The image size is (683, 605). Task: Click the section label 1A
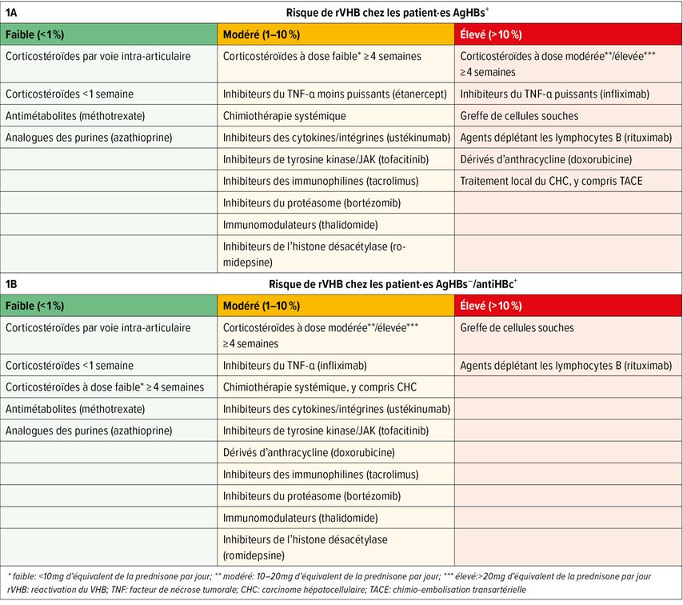tap(12, 12)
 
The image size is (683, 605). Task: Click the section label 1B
tap(12, 284)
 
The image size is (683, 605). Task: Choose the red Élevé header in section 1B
tap(491, 306)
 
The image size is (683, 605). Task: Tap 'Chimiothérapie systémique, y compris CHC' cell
tap(331, 387)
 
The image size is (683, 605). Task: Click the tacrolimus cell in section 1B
tap(320, 474)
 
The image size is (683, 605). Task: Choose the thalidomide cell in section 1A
tap(300, 225)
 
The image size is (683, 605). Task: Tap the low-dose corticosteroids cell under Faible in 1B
tap(105, 387)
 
